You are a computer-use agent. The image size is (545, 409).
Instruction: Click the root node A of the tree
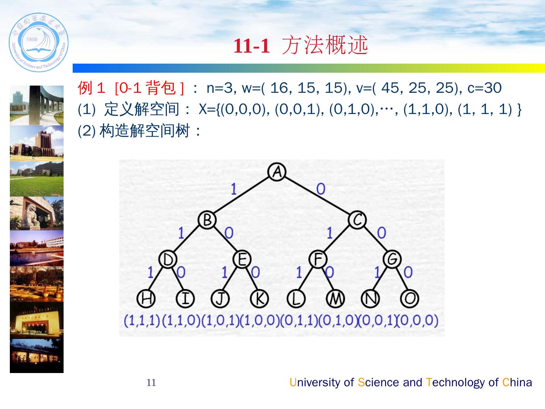(x=277, y=172)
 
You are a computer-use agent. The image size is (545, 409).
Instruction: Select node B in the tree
(x=207, y=220)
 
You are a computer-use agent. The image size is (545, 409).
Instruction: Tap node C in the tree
(x=357, y=220)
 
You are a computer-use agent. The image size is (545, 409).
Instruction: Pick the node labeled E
(x=242, y=259)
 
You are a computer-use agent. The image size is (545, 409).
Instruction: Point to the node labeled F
(x=318, y=259)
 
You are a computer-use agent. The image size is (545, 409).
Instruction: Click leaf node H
(x=146, y=298)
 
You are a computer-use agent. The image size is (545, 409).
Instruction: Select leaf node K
(x=259, y=298)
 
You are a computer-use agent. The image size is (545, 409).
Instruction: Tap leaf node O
(x=409, y=298)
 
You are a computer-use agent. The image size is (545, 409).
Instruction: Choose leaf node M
(x=335, y=298)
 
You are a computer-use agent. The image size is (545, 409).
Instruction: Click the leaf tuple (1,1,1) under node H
(x=142, y=320)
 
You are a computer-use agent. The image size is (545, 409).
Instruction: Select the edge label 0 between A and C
(x=321, y=189)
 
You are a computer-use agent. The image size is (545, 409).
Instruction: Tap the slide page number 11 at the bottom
(x=151, y=383)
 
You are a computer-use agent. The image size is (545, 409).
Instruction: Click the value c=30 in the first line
(x=484, y=88)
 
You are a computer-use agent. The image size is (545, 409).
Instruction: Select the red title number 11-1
(x=252, y=46)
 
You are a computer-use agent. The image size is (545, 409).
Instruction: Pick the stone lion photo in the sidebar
(x=37, y=213)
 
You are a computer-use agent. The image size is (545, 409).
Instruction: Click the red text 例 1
(x=91, y=88)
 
